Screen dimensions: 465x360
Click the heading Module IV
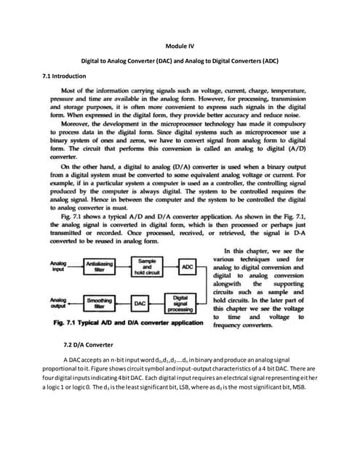180,45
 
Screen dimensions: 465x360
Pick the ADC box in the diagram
188,267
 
